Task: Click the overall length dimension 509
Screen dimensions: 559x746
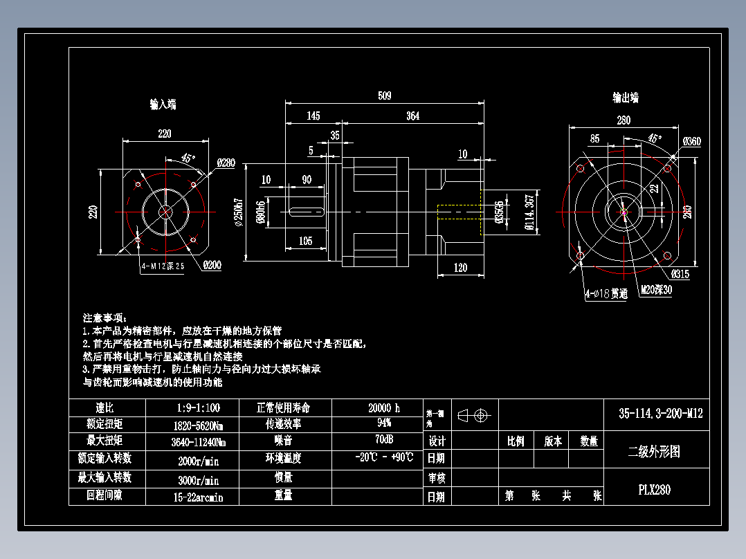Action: [x=384, y=95]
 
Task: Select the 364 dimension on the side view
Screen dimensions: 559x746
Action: [x=412, y=116]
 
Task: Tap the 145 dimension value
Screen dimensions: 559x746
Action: [x=313, y=116]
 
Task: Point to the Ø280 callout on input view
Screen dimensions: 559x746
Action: [x=226, y=163]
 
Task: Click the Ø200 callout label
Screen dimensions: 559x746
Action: [x=212, y=264]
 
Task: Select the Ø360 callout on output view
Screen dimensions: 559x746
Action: [x=691, y=142]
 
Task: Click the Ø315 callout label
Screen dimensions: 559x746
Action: [x=680, y=273]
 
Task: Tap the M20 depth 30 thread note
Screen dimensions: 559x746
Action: [x=655, y=290]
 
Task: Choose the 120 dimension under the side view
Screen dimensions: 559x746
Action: [x=460, y=268]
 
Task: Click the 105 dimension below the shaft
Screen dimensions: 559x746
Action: [x=305, y=241]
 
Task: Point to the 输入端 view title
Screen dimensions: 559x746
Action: [x=163, y=104]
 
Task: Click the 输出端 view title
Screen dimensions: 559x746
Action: [x=626, y=98]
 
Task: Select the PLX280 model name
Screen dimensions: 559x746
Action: [x=654, y=490]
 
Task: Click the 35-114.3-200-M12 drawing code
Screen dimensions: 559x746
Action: [x=660, y=414]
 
